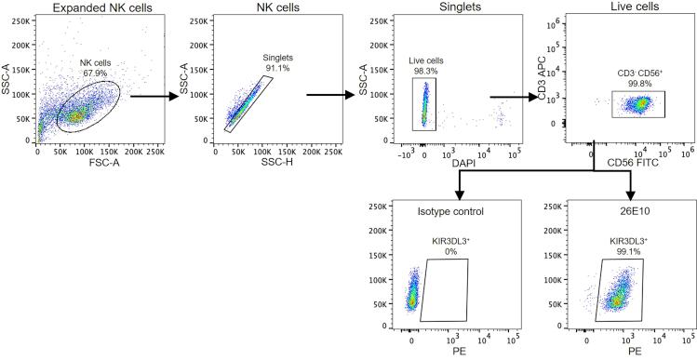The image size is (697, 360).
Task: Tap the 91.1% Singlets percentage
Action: (272, 66)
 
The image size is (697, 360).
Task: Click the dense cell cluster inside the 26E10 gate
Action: (616, 301)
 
